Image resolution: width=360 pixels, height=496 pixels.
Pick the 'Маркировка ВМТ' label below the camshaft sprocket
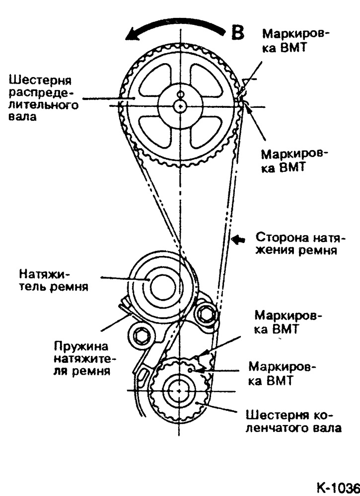pyautogui.click(x=295, y=160)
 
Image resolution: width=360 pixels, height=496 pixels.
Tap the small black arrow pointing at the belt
pyautogui.click(x=240, y=239)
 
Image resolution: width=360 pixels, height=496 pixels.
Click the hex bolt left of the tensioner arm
pyautogui.click(x=140, y=336)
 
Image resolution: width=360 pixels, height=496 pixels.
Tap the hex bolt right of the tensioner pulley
pyautogui.click(x=206, y=313)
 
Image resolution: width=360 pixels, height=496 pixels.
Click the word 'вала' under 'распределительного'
pyautogui.click(x=22, y=118)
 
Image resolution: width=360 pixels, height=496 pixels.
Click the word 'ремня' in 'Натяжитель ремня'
pyautogui.click(x=72, y=287)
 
